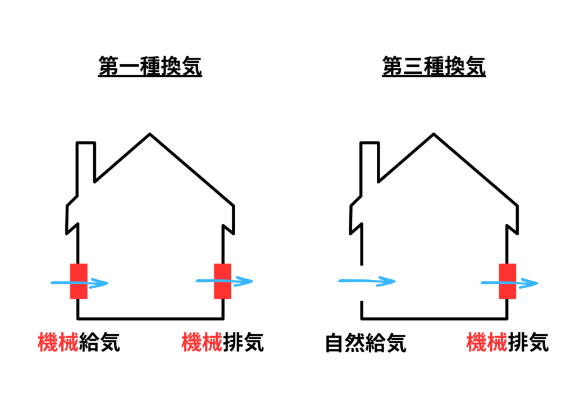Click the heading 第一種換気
click(x=150, y=67)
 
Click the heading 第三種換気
click(x=433, y=67)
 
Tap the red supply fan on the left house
click(x=79, y=281)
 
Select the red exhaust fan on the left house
click(x=223, y=281)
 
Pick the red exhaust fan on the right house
click(x=508, y=281)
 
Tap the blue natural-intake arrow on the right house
click(x=368, y=281)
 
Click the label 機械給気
click(x=79, y=342)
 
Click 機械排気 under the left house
click(x=222, y=342)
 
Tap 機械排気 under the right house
click(x=507, y=342)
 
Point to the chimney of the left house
click(x=85, y=163)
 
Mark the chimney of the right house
click(x=369, y=163)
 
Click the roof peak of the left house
click(x=150, y=135)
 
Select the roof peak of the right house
click(x=433, y=135)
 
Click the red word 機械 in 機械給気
click(x=58, y=342)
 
